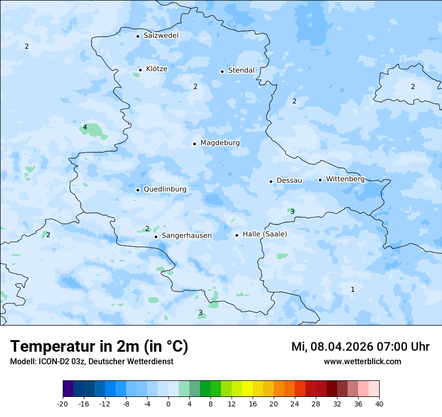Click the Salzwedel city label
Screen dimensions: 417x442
(x=161, y=36)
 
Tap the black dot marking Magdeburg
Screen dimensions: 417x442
(x=194, y=144)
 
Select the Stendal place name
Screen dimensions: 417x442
(x=241, y=70)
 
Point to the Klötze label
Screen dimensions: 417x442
(x=157, y=69)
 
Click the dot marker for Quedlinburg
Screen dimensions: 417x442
(x=138, y=190)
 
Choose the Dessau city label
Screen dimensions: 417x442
(x=289, y=180)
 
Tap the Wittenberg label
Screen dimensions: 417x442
(x=345, y=179)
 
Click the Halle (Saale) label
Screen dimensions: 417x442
(x=265, y=234)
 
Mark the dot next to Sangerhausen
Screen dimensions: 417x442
(x=156, y=237)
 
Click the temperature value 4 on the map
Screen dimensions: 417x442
(x=85, y=127)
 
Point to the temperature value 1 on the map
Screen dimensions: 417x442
(x=353, y=289)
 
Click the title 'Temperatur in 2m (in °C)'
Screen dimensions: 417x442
(x=99, y=347)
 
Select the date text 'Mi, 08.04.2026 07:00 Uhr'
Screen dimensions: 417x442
(x=360, y=347)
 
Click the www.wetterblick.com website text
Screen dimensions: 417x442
(x=362, y=361)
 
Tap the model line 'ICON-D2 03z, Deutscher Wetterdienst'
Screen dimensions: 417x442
(x=105, y=361)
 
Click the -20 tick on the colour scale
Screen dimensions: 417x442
(x=63, y=404)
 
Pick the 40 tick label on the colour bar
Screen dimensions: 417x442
(x=379, y=404)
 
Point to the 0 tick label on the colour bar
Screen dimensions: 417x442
(x=168, y=404)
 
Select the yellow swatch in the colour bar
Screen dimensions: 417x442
(x=247, y=389)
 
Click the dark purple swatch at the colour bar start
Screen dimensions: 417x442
(x=68, y=389)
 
